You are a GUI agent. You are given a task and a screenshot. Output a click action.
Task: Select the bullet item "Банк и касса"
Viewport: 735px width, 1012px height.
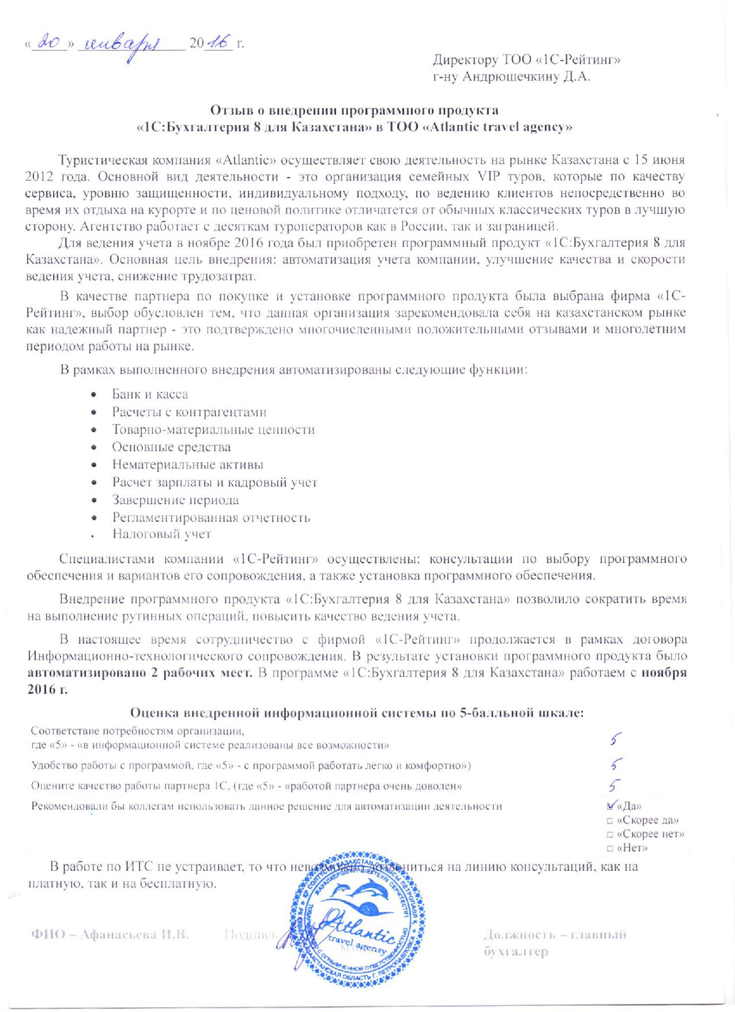pyautogui.click(x=150, y=394)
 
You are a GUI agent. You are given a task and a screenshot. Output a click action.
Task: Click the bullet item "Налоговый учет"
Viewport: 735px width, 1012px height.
pyautogui.click(x=161, y=534)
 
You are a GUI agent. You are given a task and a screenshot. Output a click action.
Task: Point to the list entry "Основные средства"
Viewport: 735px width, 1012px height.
pyautogui.click(x=171, y=447)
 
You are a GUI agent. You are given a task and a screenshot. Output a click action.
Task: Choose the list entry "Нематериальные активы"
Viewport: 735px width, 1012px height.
pyautogui.click(x=188, y=464)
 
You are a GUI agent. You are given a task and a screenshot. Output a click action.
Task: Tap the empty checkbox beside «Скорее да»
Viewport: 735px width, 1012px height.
pyautogui.click(x=609, y=820)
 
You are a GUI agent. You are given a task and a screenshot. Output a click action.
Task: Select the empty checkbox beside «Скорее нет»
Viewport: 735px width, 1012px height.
pyautogui.click(x=609, y=834)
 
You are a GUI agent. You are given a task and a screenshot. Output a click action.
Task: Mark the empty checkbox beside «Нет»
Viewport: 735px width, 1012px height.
pyautogui.click(x=609, y=848)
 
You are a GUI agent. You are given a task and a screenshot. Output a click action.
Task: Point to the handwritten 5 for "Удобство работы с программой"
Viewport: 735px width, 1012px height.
pyautogui.click(x=616, y=764)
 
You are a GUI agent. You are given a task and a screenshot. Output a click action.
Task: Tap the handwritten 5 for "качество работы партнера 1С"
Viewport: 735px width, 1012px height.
pyautogui.click(x=615, y=785)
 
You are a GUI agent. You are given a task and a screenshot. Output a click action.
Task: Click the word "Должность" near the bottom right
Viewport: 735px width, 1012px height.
pyautogui.click(x=516, y=935)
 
